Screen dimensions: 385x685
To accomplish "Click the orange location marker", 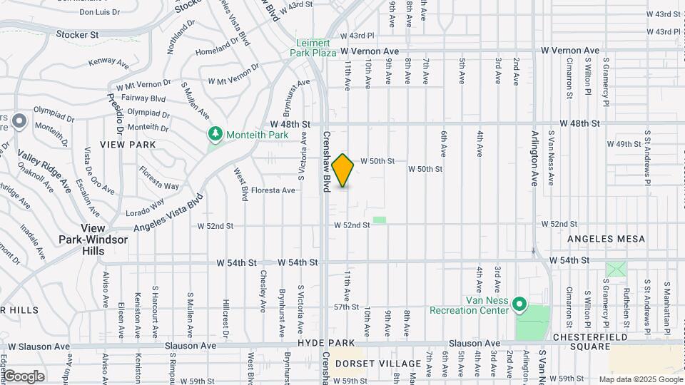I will (x=343, y=170).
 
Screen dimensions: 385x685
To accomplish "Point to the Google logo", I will (x=24, y=376).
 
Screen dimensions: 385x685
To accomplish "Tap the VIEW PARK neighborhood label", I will (x=128, y=145).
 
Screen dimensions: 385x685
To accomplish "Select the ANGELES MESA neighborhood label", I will (x=606, y=239).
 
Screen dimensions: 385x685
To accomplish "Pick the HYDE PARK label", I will (x=321, y=343).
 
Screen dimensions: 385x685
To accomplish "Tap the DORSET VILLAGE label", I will (x=378, y=364).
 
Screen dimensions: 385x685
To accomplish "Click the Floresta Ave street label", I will (x=272, y=190).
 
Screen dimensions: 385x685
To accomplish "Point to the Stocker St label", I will (x=78, y=34).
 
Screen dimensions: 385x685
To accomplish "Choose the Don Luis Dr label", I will (x=99, y=12).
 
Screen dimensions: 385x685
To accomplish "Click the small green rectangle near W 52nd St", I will (x=380, y=220).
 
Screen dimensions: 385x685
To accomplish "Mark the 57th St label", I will (x=345, y=307).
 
